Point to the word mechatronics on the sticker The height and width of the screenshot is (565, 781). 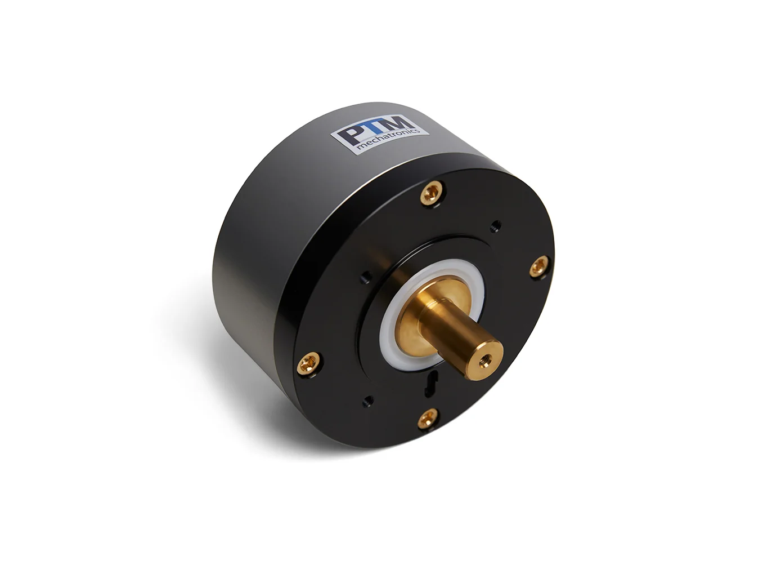tap(393, 137)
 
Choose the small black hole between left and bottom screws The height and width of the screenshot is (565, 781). tap(369, 401)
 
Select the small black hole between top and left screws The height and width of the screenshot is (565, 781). tap(366, 275)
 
